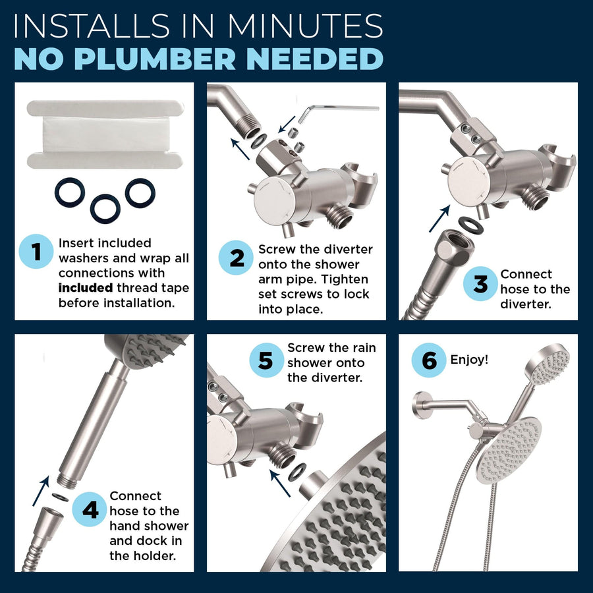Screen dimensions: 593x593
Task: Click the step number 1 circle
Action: point(36,252)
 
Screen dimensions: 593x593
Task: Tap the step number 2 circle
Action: point(236,258)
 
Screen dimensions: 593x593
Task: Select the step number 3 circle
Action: point(481,283)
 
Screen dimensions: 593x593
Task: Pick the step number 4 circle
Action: point(90,509)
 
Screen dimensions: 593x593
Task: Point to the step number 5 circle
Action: point(266,360)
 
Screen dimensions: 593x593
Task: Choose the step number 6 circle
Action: point(429,360)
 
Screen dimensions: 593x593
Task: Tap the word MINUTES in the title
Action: point(305,26)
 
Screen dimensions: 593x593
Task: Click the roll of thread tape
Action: point(105,134)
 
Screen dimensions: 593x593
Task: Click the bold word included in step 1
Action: point(86,288)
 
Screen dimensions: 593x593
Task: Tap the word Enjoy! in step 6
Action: point(469,359)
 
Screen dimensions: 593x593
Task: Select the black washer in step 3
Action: point(470,226)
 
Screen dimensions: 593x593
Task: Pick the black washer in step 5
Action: point(298,472)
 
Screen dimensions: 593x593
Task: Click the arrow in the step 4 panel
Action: point(41,490)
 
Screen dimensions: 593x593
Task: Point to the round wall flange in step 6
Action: point(420,405)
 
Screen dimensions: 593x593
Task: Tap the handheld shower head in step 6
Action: point(548,364)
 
